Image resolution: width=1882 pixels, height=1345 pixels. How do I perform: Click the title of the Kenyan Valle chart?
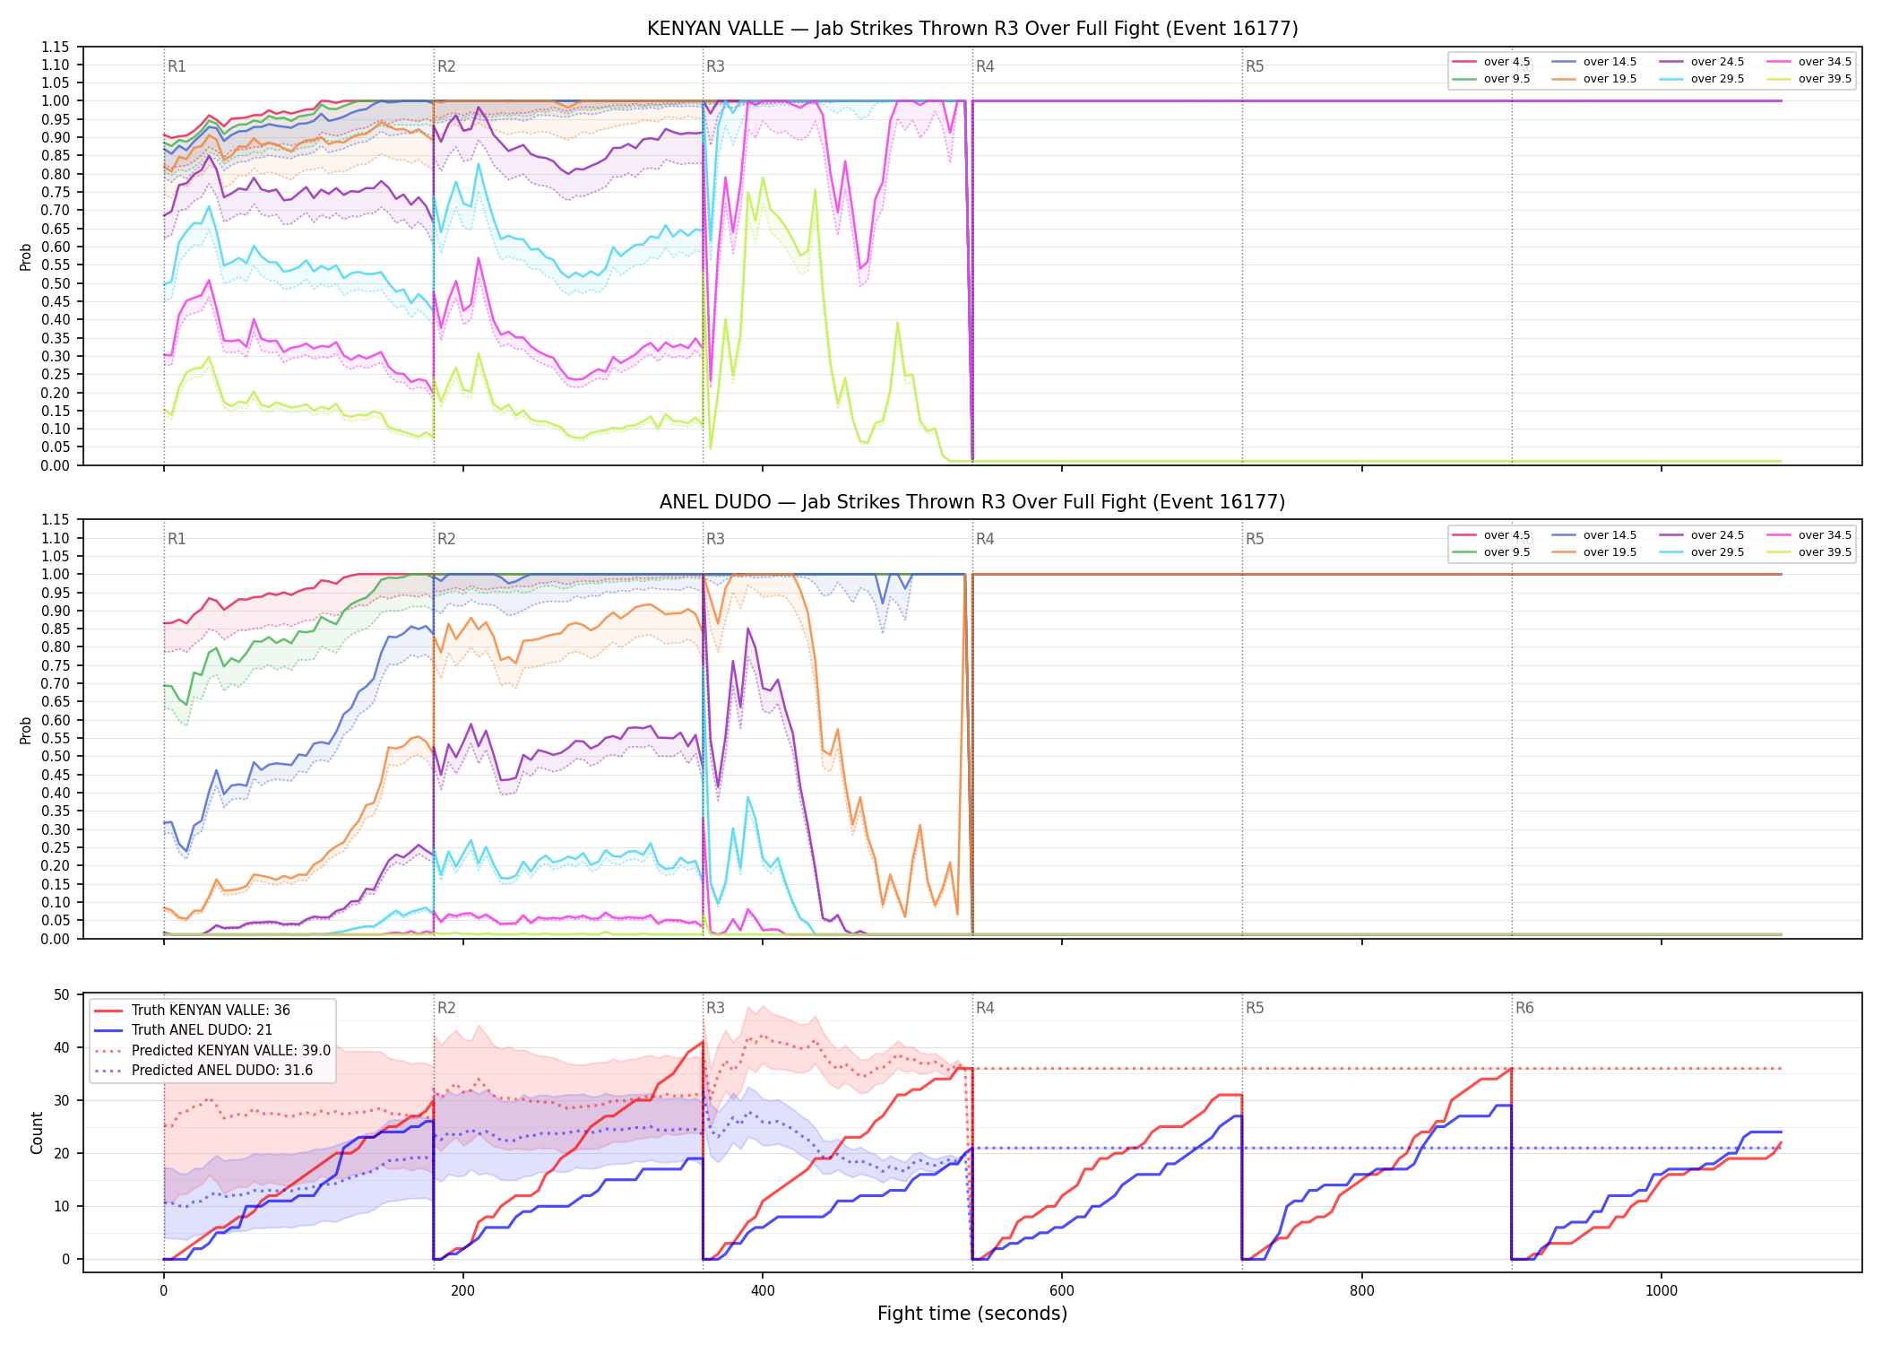tap(972, 29)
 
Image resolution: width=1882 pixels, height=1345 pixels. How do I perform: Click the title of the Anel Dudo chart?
tap(972, 502)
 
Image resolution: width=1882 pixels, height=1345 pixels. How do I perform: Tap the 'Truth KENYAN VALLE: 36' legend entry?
tap(192, 1011)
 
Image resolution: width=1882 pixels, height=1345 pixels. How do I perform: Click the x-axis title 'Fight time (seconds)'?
tap(972, 1314)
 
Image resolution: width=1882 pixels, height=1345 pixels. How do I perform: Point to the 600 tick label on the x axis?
tap(1062, 1291)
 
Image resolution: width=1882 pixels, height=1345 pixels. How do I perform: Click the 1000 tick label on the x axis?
tap(1662, 1291)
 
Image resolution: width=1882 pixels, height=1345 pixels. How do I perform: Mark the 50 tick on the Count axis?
tap(62, 994)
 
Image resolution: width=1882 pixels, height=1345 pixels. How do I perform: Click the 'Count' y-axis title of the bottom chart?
tap(37, 1133)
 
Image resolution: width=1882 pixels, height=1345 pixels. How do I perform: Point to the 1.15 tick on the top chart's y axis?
tap(56, 47)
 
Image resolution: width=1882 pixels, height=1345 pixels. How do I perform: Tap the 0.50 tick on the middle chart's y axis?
tap(56, 756)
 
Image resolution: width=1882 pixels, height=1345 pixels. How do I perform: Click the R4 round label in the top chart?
tap(985, 66)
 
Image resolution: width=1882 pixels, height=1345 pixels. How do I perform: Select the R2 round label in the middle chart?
tap(446, 539)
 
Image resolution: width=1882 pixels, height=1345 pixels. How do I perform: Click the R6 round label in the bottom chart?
tap(1524, 1008)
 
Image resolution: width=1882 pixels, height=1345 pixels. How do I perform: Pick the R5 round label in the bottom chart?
tap(1255, 1008)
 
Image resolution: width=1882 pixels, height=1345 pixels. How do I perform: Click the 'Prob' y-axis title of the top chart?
tap(26, 256)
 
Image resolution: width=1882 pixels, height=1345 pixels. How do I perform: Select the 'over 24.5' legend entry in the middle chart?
tap(1702, 535)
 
